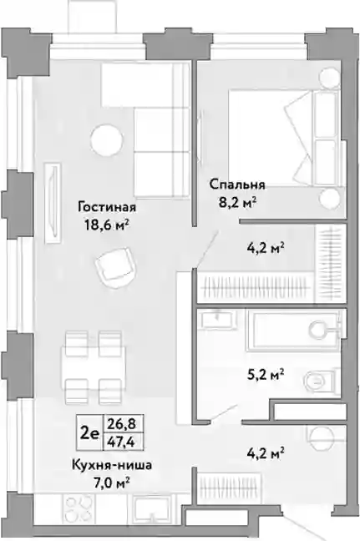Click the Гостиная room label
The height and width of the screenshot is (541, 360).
[x=107, y=208]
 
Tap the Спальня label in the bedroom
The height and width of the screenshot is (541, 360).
[x=237, y=185]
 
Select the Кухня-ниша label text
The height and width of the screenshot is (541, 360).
[x=112, y=465]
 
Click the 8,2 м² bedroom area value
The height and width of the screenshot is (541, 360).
[x=237, y=202]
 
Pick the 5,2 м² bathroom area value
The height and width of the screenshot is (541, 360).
[x=266, y=374]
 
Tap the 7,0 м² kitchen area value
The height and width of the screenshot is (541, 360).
[x=112, y=483]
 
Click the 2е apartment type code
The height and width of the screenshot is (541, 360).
[x=89, y=432]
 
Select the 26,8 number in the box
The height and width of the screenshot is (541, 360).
[x=123, y=422]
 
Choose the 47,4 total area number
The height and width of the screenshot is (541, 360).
[x=123, y=442]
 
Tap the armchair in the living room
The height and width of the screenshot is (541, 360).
[x=114, y=266]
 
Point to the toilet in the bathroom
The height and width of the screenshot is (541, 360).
[x=321, y=381]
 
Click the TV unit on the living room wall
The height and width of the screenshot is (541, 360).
[x=53, y=203]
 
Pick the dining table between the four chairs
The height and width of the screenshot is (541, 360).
[x=94, y=368]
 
